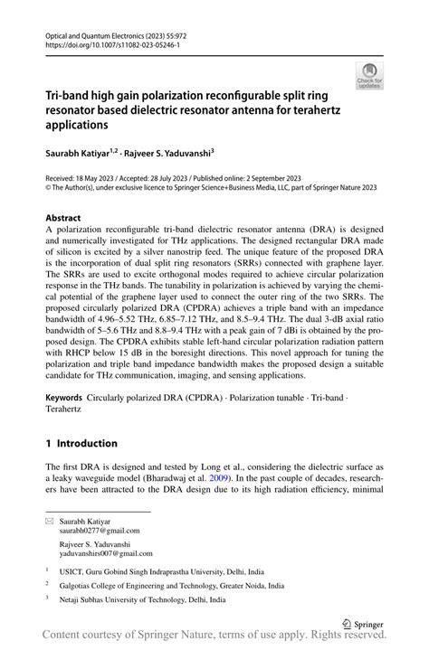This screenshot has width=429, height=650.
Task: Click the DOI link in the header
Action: [x=112, y=43]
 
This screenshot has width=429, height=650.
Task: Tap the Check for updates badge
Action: [x=369, y=75]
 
